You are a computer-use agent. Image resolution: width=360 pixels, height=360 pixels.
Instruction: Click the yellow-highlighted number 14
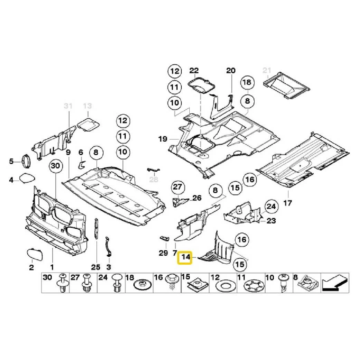click(186, 257)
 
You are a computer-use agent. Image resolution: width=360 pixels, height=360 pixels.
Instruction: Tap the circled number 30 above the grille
click(55, 166)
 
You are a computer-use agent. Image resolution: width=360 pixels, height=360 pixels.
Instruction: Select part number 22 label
click(194, 71)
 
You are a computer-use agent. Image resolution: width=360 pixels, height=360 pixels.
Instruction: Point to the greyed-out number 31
click(68, 106)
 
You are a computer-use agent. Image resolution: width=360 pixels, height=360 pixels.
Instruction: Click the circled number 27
click(177, 188)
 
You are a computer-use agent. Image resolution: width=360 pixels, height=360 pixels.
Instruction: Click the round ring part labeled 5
click(26, 161)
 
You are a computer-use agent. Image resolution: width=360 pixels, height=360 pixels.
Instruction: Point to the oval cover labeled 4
click(27, 178)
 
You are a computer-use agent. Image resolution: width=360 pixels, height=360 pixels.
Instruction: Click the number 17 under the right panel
click(287, 203)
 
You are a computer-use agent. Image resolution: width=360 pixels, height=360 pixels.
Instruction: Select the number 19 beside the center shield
click(163, 139)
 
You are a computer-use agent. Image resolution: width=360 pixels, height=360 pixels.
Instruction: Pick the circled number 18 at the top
click(247, 83)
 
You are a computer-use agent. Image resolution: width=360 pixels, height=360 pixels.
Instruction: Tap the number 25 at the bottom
click(96, 267)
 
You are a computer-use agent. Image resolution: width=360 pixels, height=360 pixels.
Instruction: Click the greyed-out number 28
click(153, 179)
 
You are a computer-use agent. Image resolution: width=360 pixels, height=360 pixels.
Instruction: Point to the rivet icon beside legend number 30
click(63, 283)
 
